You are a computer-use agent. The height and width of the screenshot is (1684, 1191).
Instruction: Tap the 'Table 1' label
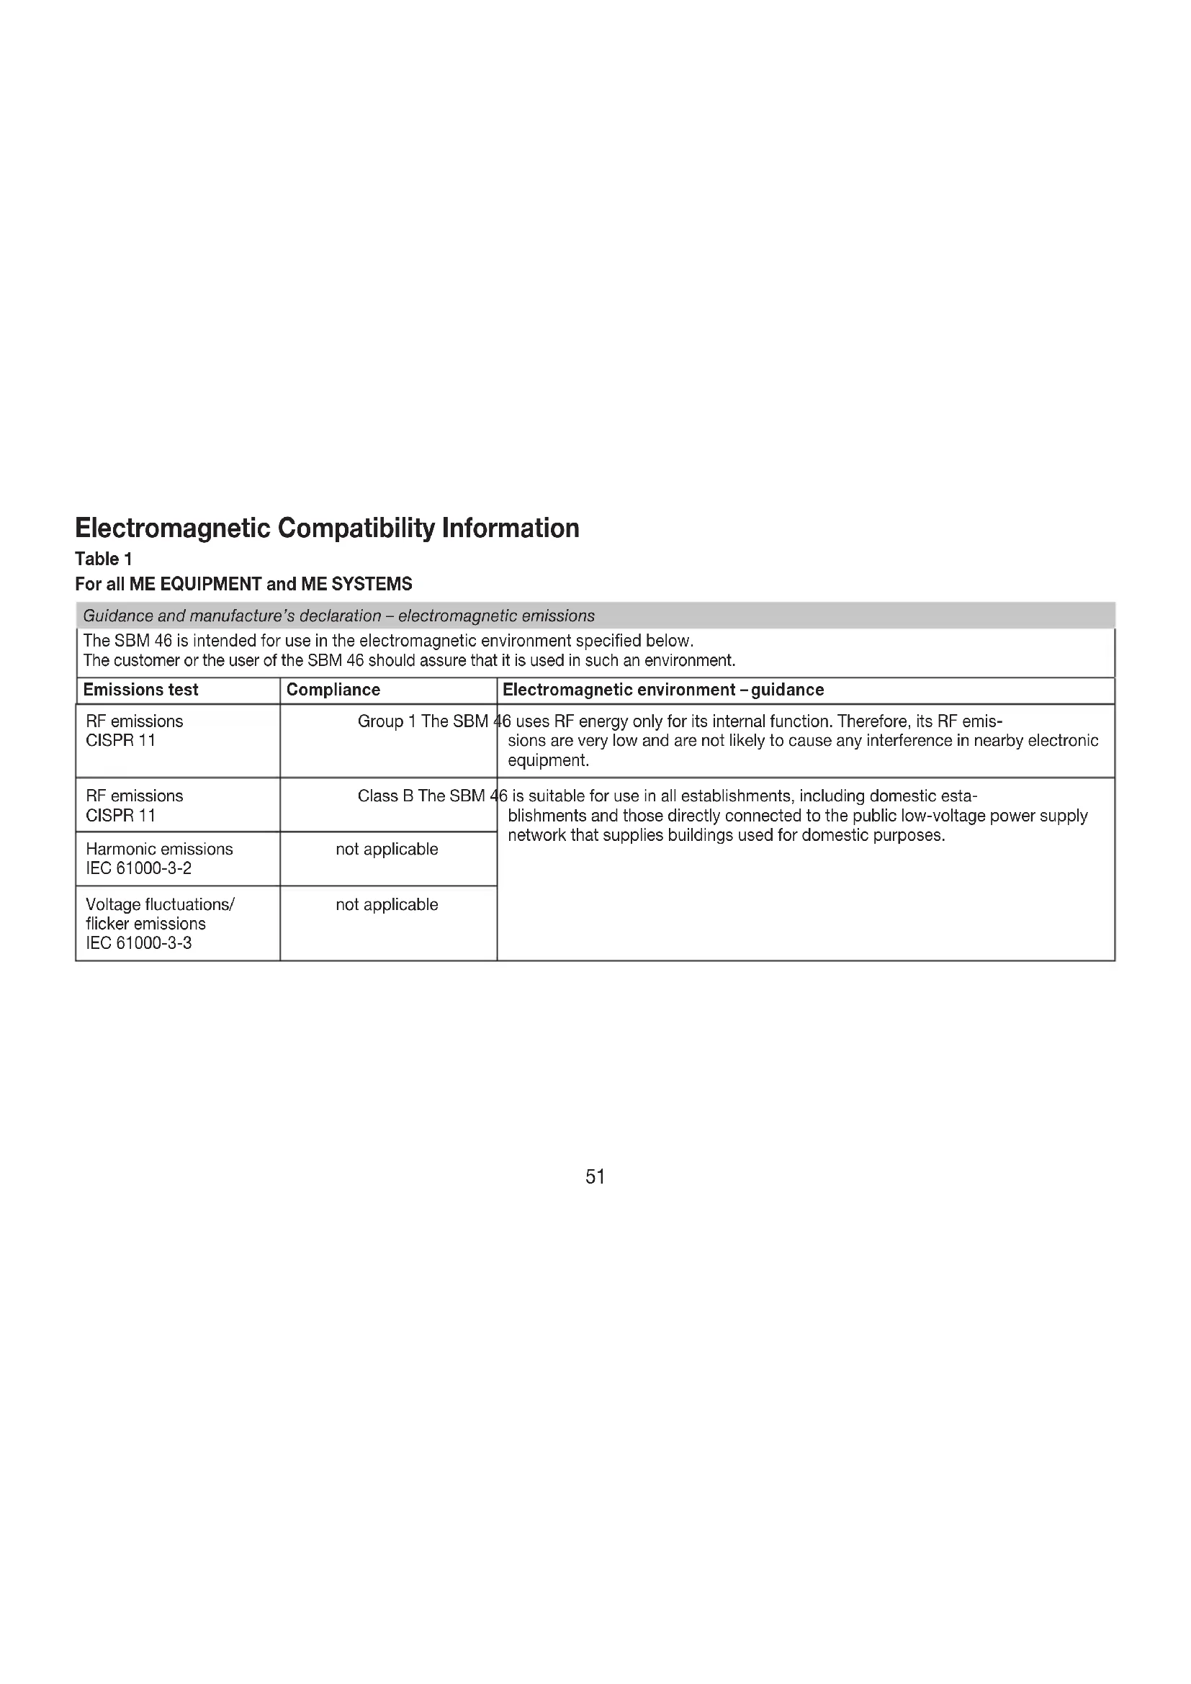104,559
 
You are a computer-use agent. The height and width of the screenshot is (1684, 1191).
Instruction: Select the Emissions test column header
140,690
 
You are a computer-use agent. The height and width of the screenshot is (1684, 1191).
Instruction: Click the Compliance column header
333,690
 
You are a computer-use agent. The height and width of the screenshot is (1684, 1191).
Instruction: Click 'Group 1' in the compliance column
387,721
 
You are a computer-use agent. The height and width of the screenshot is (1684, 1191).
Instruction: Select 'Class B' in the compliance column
385,796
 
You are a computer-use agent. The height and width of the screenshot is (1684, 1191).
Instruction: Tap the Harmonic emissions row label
159,849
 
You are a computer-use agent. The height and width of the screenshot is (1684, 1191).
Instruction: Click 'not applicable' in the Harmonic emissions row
387,849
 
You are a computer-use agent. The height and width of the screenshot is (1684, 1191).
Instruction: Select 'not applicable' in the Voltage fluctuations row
387,904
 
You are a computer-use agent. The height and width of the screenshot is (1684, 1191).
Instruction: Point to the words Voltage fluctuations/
160,904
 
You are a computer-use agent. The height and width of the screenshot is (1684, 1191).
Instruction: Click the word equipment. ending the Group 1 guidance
548,760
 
